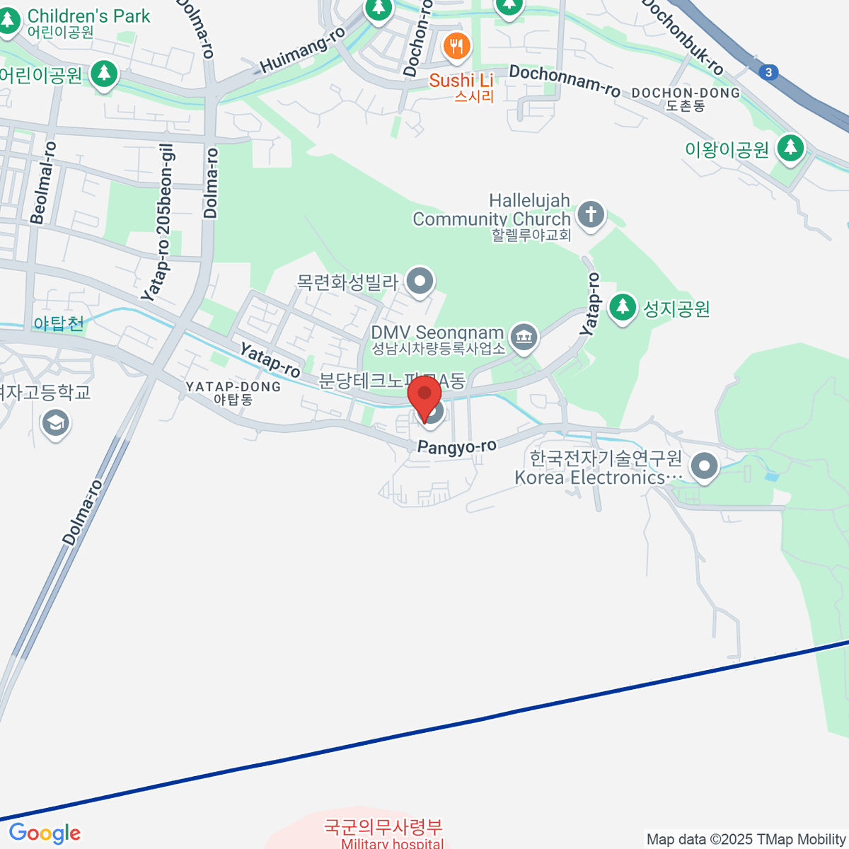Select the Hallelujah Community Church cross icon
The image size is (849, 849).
591,214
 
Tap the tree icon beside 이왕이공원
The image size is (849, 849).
790,149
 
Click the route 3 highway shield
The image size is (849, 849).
769,72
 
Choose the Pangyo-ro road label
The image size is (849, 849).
457,446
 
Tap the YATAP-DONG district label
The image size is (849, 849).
233,387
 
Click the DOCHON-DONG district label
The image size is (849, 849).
685,93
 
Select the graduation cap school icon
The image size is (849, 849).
55,424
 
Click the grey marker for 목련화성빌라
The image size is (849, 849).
420,282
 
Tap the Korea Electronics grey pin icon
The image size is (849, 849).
704,466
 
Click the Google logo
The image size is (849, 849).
45,833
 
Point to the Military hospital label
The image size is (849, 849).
392,843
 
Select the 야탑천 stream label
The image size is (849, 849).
59,323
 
